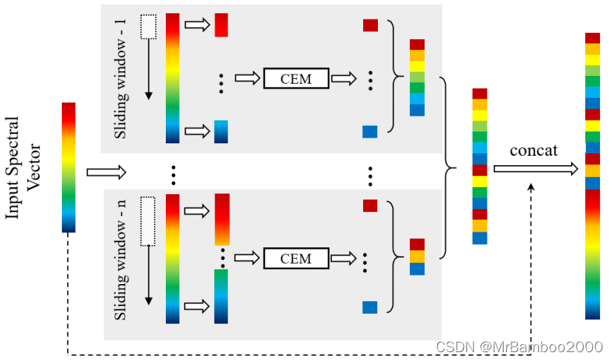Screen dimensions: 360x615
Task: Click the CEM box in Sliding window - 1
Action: point(295,78)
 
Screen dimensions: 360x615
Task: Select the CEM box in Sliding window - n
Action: point(295,258)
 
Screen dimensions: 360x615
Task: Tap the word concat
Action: point(534,149)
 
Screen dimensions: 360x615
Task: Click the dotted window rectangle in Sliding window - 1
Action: point(147,27)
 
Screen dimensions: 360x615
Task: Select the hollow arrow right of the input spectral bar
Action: point(106,171)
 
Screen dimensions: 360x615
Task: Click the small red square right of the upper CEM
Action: point(370,25)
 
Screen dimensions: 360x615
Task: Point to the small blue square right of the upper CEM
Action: point(370,131)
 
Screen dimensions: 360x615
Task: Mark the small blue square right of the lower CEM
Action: point(370,308)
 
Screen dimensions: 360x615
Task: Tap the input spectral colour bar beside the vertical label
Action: point(69,167)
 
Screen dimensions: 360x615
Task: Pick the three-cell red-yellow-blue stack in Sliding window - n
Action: point(417,257)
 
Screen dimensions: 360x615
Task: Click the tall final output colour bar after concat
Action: point(593,175)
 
